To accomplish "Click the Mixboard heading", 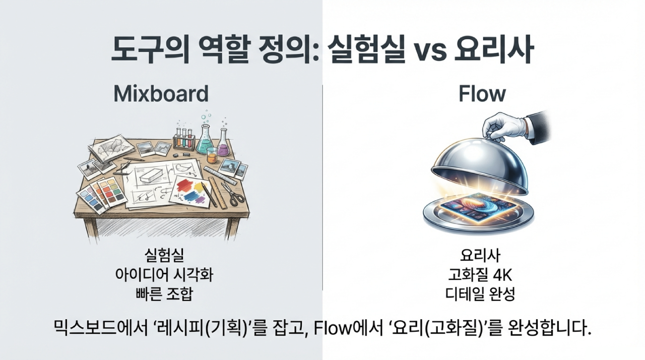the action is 161,94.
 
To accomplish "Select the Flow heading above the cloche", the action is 482,94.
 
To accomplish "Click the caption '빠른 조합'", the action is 164,294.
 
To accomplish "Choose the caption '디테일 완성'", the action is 480,294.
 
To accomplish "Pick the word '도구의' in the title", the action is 150,49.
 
